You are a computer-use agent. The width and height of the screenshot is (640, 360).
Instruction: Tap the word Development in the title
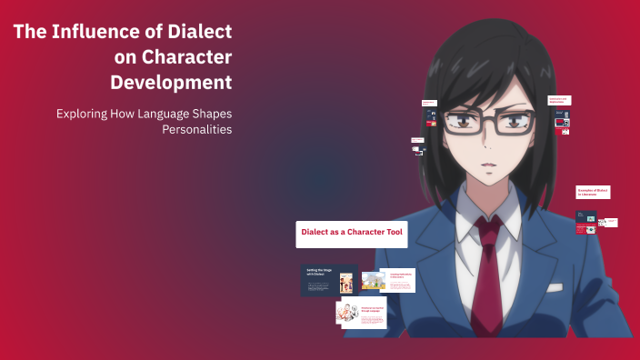click(171, 83)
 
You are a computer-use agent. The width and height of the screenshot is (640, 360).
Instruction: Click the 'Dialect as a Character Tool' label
click(351, 233)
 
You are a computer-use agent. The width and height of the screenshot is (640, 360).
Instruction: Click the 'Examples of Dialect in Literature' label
click(593, 192)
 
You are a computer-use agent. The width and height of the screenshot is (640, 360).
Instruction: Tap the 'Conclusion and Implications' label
click(558, 101)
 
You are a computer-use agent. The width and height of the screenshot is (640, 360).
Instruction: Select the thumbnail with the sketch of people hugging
click(346, 314)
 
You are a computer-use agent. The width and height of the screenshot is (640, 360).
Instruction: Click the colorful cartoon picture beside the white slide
click(374, 281)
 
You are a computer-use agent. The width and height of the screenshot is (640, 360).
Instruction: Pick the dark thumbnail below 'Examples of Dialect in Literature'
click(586, 220)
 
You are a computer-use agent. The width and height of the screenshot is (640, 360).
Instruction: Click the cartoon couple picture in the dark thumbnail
click(346, 283)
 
